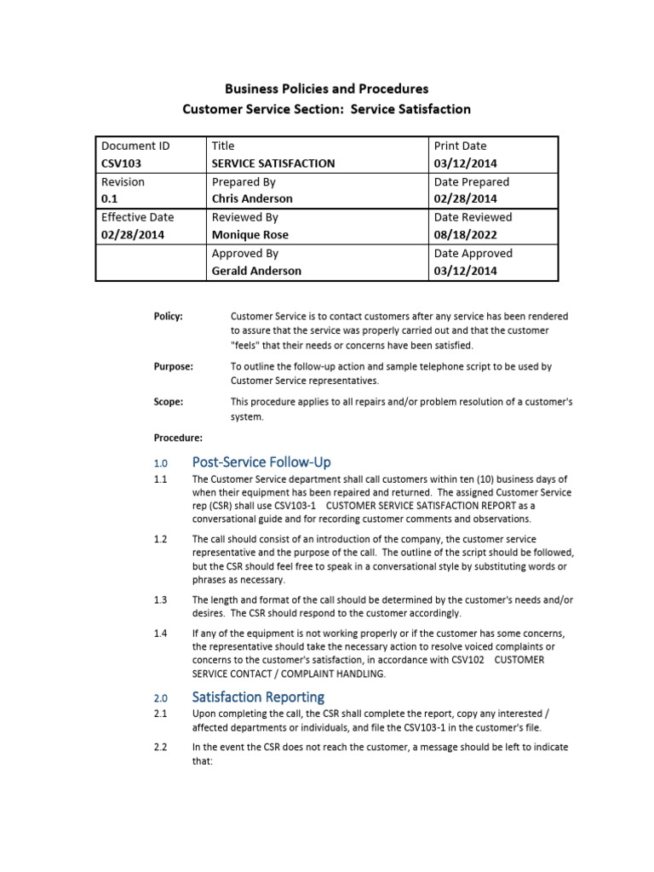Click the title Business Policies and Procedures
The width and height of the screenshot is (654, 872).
[x=326, y=89]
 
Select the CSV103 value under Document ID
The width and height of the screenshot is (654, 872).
[x=121, y=163]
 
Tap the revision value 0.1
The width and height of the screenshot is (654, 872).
[x=110, y=199]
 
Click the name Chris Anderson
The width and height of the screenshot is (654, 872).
[x=251, y=199]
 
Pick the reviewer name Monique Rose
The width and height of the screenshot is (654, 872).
[x=250, y=235]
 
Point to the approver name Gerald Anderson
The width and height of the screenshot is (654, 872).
[x=255, y=271]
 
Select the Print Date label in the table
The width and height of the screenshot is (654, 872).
[x=460, y=146]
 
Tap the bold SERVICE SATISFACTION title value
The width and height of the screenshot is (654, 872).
[x=272, y=163]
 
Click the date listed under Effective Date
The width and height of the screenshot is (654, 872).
[x=133, y=235]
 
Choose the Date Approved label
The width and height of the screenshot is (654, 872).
[x=473, y=253]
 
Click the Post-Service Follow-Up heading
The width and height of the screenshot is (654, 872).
[x=261, y=462]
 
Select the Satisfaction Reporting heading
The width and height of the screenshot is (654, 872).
[x=258, y=697]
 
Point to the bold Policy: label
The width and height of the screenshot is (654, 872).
[x=168, y=317]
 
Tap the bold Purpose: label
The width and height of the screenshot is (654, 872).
[x=173, y=367]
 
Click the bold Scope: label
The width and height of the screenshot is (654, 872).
[x=168, y=402]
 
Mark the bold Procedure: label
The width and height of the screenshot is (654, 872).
[x=178, y=438]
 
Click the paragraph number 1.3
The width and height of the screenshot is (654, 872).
[x=160, y=599]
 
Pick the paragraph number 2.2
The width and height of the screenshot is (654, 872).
[x=160, y=747]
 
